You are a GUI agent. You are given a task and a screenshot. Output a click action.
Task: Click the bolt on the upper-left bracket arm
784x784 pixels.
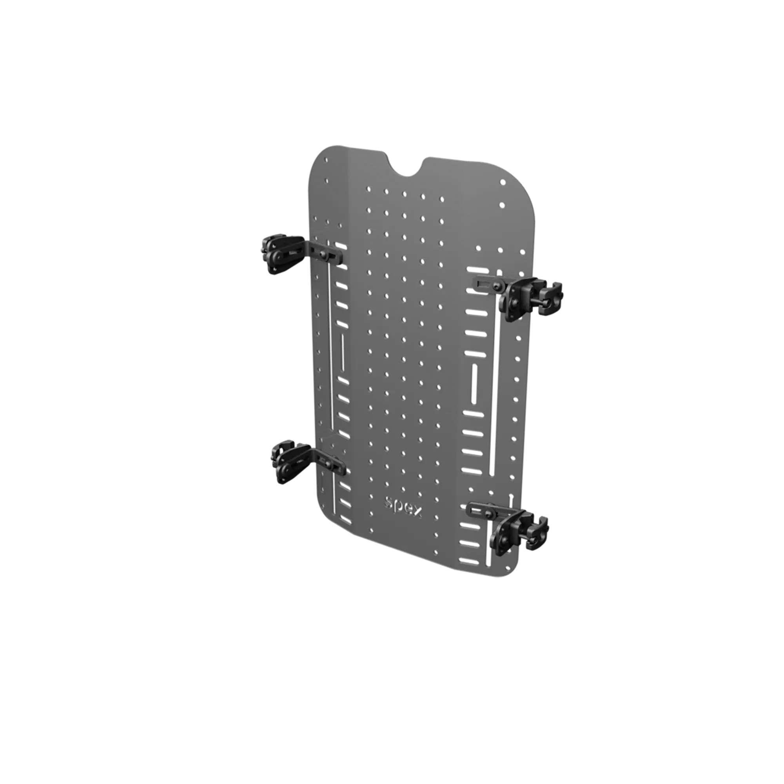click(x=323, y=255)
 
